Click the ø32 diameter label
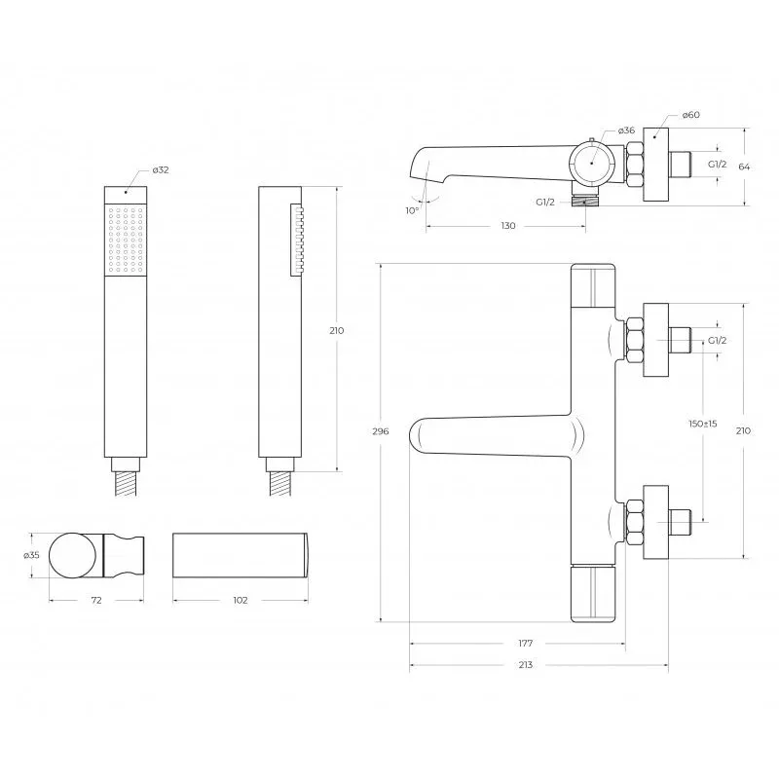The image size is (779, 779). [x=162, y=170]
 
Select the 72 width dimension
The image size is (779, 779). [x=96, y=600]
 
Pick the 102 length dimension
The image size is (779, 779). [x=241, y=600]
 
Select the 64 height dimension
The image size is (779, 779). [x=744, y=167]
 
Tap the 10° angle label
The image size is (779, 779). [x=412, y=210]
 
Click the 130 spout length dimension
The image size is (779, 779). [x=507, y=226]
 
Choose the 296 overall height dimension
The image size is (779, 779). [x=381, y=430]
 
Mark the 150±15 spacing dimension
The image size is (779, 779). [x=702, y=424]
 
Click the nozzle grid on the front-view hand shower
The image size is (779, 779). [x=125, y=239]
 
